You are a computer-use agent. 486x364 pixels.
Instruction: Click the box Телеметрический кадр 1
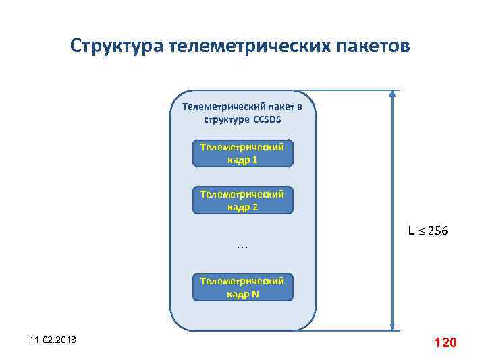coord(242,154)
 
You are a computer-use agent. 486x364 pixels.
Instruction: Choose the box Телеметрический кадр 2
coord(242,200)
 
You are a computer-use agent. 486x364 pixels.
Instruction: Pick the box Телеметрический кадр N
coord(242,287)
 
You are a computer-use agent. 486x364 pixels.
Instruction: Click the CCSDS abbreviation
coord(267,119)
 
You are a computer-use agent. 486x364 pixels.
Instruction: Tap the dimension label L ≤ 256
coord(427,231)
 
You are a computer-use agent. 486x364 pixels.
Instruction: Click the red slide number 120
coord(446,343)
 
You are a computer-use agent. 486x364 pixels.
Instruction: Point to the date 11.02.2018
coord(53,342)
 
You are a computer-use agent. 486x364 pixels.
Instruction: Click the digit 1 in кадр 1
coord(254,160)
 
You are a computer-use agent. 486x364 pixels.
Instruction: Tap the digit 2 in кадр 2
coord(254,207)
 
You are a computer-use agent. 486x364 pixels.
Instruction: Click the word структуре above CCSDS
coord(227,119)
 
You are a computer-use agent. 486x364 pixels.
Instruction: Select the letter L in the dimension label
coord(411,231)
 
